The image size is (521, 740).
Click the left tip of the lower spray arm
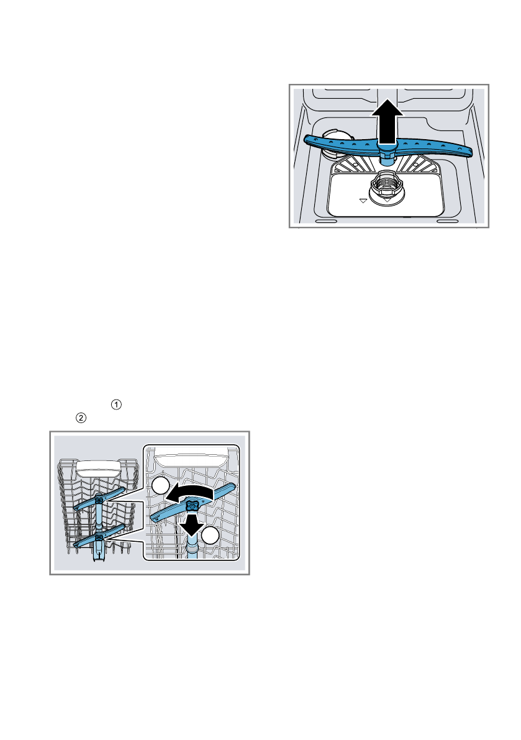(x=309, y=139)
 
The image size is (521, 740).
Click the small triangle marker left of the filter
(x=363, y=201)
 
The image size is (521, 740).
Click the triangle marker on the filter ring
(x=386, y=201)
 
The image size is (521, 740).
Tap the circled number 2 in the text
(x=81, y=418)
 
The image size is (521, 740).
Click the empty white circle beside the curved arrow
(x=160, y=488)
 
